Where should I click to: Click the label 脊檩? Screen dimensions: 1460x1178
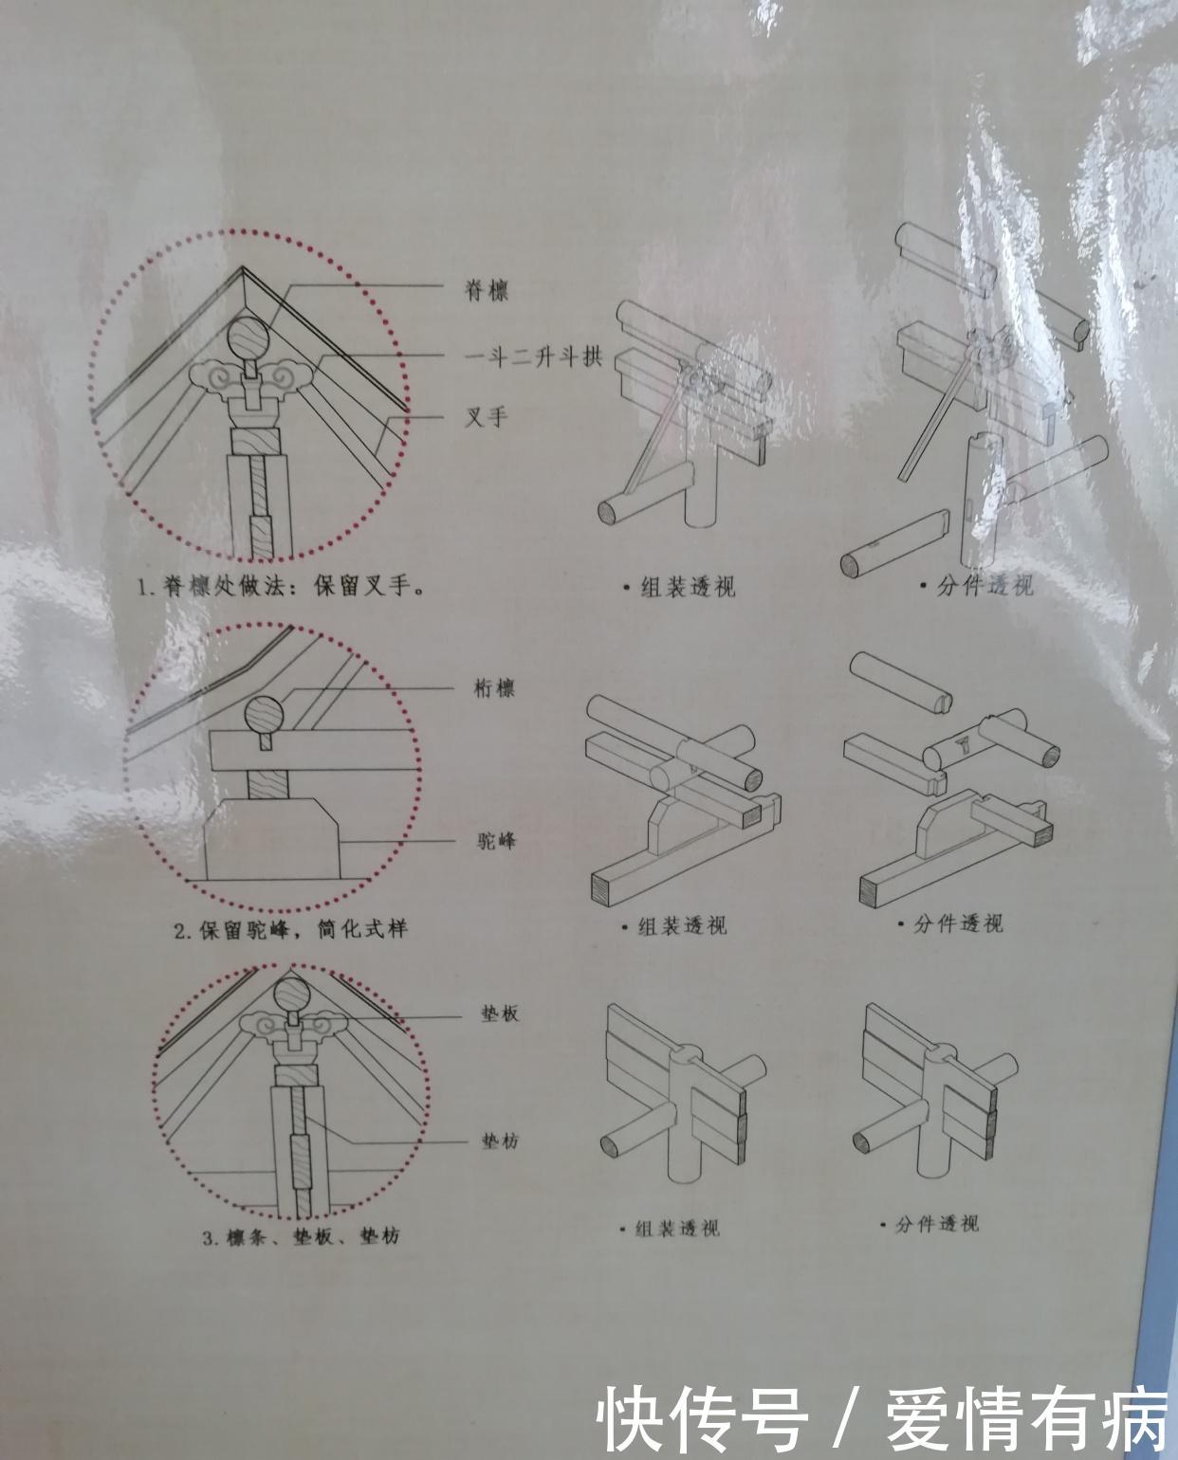pos(486,290)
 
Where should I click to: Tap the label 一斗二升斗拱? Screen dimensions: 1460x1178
pos(534,357)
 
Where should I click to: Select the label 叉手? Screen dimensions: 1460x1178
pos(486,416)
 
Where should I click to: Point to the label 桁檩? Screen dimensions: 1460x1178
pos(493,688)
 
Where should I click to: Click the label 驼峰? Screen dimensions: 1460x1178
pos(495,840)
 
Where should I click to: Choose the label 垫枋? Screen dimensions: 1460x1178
pos(500,1141)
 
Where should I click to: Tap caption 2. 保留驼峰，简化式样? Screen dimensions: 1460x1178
pos(289,928)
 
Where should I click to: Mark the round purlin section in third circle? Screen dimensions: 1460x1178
pos(295,995)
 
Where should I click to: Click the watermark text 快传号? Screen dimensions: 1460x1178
pos(708,1418)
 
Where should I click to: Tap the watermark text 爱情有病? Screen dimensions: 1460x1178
pos(1026,1418)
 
